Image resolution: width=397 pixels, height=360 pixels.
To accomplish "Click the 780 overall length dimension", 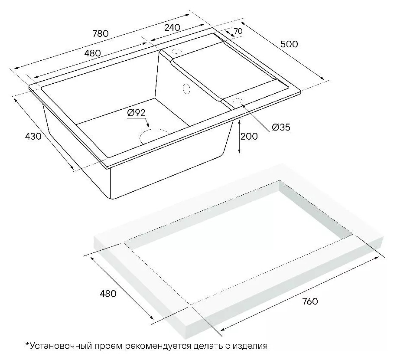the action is click(x=101, y=33).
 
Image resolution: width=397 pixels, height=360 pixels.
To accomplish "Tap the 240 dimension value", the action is click(x=172, y=27).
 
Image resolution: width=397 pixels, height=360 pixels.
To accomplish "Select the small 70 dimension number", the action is click(x=238, y=31).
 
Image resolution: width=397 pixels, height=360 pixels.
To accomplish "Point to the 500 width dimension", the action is click(x=289, y=44).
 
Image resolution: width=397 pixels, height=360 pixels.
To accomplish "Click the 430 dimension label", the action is click(x=33, y=136).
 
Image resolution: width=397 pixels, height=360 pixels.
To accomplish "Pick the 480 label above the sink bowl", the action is click(x=92, y=53).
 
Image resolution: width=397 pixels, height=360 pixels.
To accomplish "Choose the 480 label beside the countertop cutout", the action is click(x=108, y=294).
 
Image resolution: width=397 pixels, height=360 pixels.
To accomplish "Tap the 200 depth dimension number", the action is click(x=249, y=136).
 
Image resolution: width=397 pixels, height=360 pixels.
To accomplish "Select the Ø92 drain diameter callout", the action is click(x=137, y=113).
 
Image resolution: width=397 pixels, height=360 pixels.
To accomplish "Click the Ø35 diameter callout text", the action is click(x=281, y=127).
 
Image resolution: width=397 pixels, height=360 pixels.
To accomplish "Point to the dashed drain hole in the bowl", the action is click(x=154, y=136).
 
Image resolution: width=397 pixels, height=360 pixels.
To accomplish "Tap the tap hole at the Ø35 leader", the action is click(x=238, y=101).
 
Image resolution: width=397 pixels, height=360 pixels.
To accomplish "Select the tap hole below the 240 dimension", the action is click(x=176, y=51).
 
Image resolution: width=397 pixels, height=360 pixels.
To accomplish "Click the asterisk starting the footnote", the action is click(x=27, y=344).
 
